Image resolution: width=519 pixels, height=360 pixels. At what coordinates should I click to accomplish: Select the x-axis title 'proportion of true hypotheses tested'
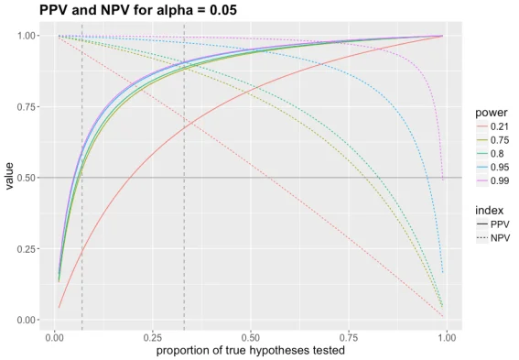[x=250, y=350]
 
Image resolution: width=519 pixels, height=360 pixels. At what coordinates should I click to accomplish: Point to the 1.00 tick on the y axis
[x=27, y=36]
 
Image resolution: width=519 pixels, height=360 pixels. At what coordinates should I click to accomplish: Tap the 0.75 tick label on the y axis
[x=27, y=107]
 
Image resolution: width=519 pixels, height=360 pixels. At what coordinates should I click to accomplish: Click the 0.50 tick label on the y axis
[x=27, y=178]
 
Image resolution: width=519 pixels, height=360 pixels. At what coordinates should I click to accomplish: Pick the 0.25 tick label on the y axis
[x=27, y=249]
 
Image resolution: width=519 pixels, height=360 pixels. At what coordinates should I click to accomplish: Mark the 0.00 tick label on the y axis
[x=27, y=320]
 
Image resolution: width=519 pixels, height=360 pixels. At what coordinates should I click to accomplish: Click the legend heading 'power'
[x=491, y=112]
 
